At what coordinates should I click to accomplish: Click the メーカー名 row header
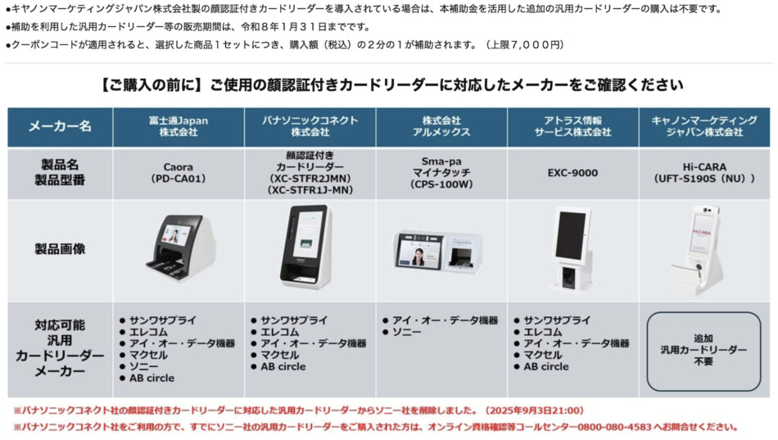(60, 126)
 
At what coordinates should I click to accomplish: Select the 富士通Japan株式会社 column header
(179, 126)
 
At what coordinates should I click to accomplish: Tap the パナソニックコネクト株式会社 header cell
(310, 126)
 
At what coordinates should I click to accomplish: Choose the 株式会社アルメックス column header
(441, 126)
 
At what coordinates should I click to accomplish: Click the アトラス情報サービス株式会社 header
(572, 126)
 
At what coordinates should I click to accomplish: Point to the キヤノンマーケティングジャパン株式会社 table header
(703, 126)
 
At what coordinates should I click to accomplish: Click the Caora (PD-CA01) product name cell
(179, 173)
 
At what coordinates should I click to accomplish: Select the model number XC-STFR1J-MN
(310, 190)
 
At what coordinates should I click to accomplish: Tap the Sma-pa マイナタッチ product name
(441, 173)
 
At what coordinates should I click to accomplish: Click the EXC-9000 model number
(572, 173)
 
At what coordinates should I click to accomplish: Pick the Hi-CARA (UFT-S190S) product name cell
(703, 173)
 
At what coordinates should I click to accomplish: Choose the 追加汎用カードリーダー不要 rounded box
(703, 350)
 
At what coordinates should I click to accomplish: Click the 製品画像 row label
(60, 247)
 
